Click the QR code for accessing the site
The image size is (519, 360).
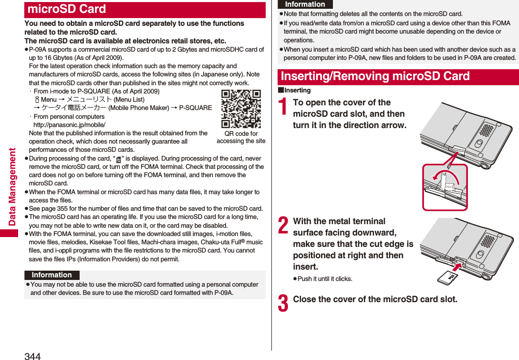(241, 108)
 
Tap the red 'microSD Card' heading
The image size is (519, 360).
(67, 9)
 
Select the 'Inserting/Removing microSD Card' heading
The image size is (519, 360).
(375, 76)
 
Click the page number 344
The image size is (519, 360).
(32, 355)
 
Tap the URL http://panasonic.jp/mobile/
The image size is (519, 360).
(69, 125)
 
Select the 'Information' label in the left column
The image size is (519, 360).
(52, 275)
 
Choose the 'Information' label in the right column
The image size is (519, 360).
(305, 4)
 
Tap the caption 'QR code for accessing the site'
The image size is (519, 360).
(241, 137)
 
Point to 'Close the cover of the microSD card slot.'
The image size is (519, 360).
(375, 299)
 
